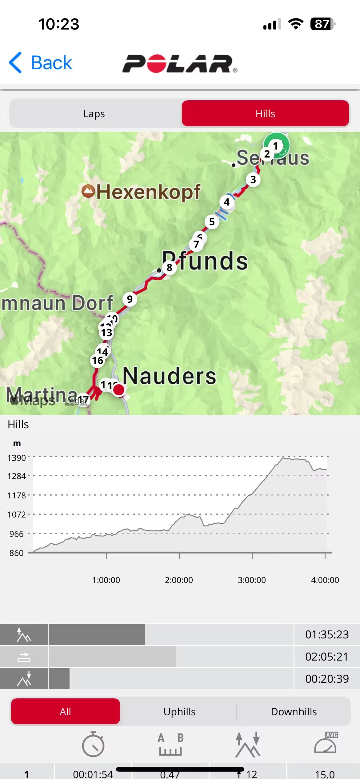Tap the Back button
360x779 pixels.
click(41, 63)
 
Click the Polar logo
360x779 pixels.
click(180, 64)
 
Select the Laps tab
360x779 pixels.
click(94, 114)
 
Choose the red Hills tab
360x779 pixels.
click(265, 114)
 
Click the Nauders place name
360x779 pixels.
click(169, 376)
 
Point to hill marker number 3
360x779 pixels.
click(253, 179)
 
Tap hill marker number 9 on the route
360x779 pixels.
click(130, 299)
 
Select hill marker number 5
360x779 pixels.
click(212, 222)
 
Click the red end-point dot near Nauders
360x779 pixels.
click(119, 389)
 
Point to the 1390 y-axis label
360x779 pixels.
click(17, 458)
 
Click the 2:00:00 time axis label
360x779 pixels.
click(179, 580)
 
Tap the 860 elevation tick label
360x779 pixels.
click(17, 553)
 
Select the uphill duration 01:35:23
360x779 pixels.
click(327, 634)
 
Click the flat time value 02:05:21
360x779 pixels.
click(327, 657)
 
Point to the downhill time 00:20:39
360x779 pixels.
click(327, 679)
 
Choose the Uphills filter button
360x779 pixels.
click(179, 712)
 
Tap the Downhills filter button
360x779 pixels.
click(294, 712)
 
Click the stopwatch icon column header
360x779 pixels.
click(93, 745)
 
